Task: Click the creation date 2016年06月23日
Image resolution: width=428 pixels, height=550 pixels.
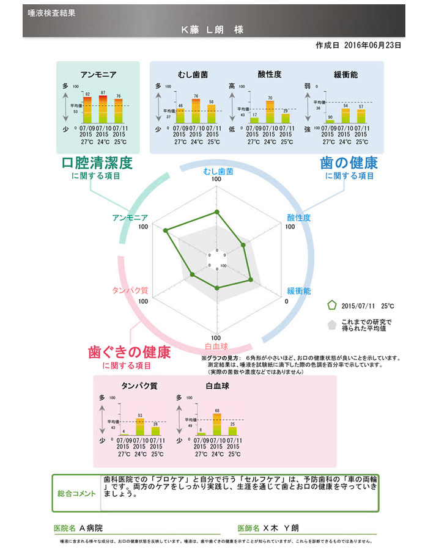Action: pos(372,45)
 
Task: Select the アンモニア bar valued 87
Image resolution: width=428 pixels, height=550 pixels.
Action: pos(103,108)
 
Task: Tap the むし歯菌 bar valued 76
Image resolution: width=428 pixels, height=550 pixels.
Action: pos(196,111)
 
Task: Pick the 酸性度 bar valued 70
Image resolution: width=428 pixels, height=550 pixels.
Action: pos(270,111)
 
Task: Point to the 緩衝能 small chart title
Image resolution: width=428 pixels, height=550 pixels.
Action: pos(345,75)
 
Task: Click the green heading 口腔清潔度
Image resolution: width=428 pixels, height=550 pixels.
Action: pos(97,163)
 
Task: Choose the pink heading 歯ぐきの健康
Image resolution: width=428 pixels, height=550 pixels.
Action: pos(130,353)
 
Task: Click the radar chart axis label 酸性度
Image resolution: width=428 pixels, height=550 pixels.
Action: pos(299,218)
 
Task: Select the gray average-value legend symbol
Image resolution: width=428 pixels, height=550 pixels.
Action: pos(332,324)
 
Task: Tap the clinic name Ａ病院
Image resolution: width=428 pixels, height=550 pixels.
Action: pos(92,527)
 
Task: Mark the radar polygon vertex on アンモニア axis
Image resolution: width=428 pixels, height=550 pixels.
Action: pos(165,231)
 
